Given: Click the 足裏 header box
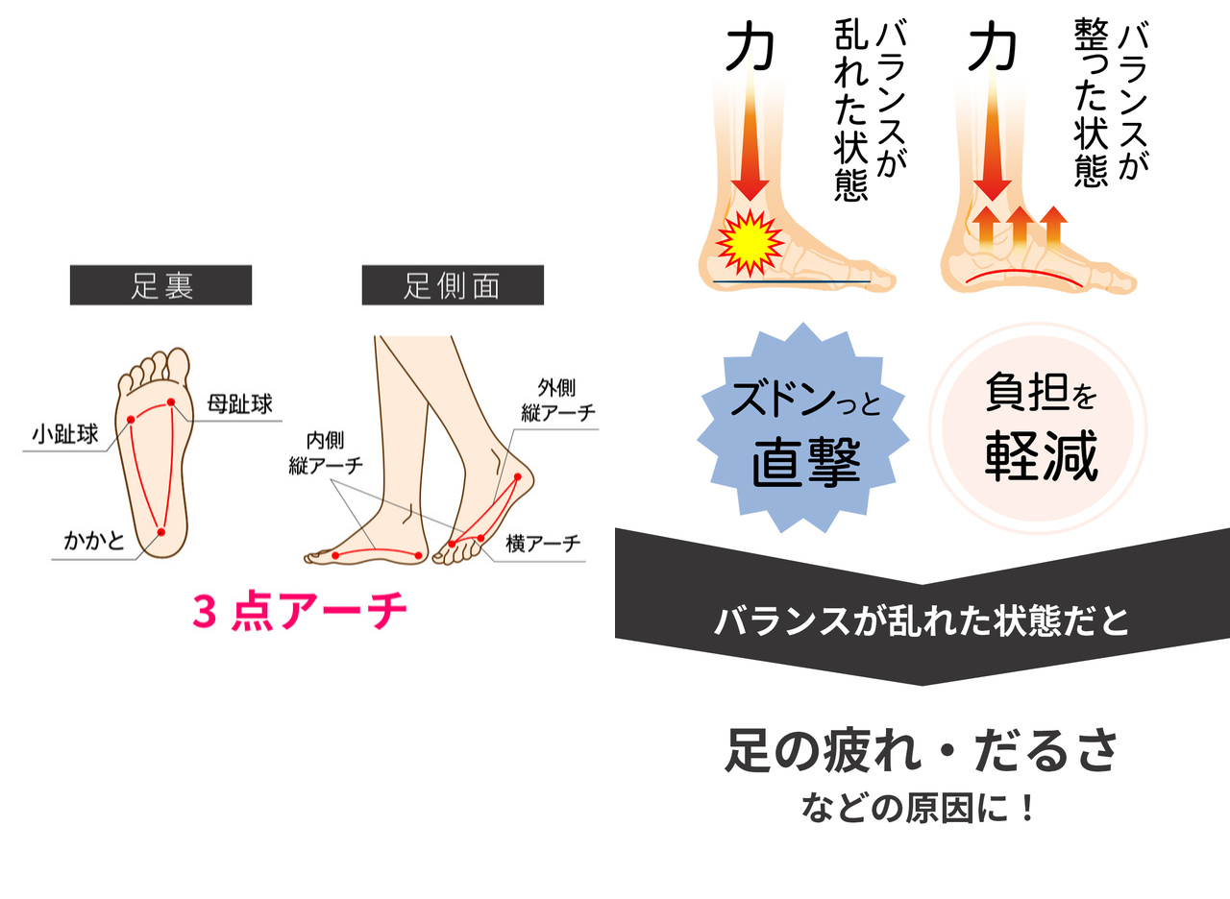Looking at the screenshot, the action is tap(160, 285).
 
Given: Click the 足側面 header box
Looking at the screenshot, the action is tap(452, 285).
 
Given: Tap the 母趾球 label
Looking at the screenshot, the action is tap(239, 403).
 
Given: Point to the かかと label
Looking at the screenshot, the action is tap(94, 542).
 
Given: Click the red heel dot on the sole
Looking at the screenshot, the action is tap(160, 531).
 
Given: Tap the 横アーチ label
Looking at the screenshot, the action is tap(544, 544).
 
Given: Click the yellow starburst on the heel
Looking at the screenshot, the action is tap(750, 242).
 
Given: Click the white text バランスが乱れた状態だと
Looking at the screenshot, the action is tap(921, 621).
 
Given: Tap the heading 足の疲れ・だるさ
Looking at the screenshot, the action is tap(921, 752).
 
